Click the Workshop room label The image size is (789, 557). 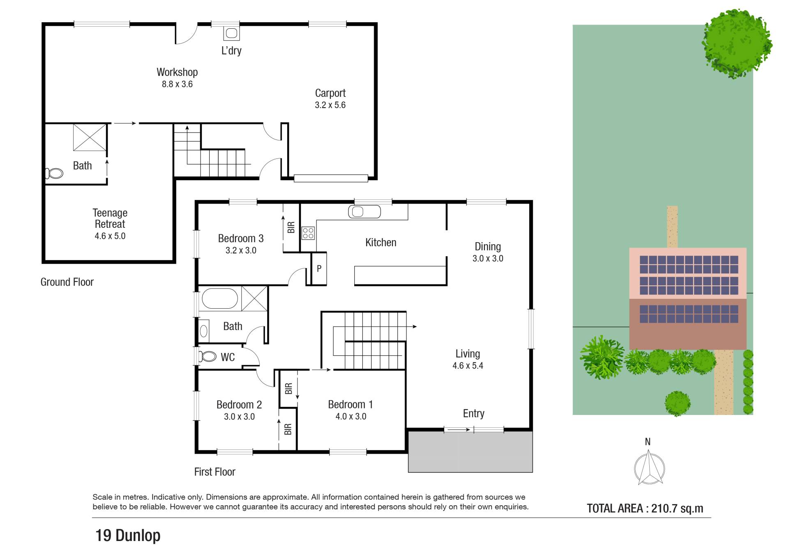177,72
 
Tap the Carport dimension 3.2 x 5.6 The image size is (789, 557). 330,105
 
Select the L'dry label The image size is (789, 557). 231,50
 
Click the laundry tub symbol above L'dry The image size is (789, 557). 231,33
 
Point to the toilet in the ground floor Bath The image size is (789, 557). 54,174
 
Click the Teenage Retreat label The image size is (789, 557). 110,218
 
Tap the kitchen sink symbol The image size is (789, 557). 364,212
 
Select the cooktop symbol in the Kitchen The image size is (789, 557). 308,233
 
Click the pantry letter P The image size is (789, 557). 319,269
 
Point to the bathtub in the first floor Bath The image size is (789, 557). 220,298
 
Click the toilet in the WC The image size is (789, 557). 208,356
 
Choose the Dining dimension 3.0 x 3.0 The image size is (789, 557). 488,259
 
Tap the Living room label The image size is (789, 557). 468,354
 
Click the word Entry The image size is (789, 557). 473,413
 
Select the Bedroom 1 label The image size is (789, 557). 351,404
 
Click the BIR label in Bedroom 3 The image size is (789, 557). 291,227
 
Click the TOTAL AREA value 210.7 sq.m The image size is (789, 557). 677,509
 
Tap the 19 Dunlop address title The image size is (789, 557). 128,536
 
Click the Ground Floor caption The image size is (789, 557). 67,282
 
